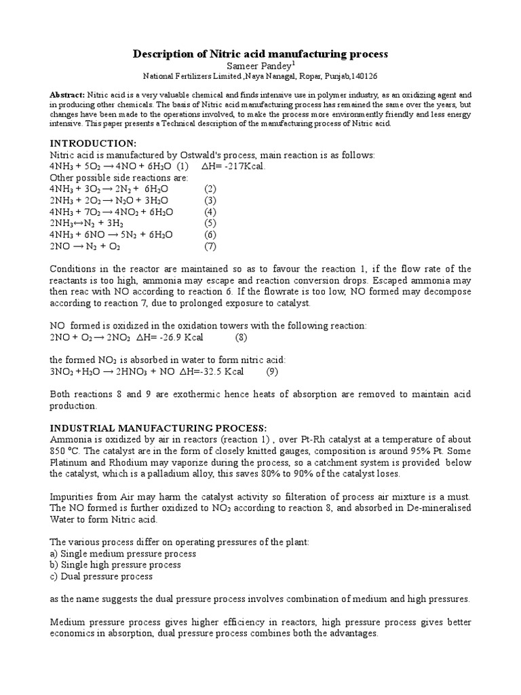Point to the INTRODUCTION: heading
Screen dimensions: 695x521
coord(94,143)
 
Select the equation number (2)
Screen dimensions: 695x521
coord(210,189)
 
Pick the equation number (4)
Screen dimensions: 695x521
coord(210,211)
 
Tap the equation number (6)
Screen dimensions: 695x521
coord(210,234)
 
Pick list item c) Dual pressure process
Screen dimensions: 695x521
coord(101,576)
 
